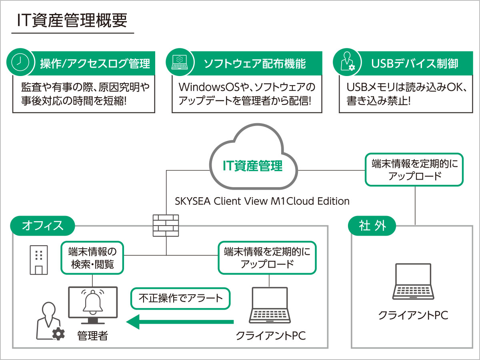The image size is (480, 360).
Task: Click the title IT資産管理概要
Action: click(x=72, y=20)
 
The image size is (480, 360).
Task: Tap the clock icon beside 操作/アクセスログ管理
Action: click(x=20, y=62)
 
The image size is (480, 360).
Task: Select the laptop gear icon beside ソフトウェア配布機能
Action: click(x=180, y=62)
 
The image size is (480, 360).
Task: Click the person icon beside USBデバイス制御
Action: click(x=347, y=62)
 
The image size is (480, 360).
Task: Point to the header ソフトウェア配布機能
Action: click(x=255, y=64)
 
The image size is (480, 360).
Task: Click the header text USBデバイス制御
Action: click(x=414, y=64)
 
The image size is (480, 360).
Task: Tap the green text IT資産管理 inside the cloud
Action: click(x=252, y=166)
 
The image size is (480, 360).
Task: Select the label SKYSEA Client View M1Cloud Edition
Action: click(x=262, y=201)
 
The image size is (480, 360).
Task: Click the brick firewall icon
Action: click(x=166, y=226)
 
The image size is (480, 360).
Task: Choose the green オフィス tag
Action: click(x=42, y=226)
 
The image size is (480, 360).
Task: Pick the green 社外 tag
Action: click(x=372, y=226)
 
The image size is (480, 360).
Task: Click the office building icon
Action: click(x=39, y=260)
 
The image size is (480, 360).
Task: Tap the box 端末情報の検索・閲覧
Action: click(x=92, y=258)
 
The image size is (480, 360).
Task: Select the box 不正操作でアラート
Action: click(x=180, y=298)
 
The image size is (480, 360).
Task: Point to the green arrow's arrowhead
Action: click(x=133, y=322)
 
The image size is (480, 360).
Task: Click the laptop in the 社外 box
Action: click(x=413, y=282)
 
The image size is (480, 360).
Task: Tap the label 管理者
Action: click(x=92, y=336)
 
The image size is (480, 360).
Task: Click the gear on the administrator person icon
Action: click(x=58, y=334)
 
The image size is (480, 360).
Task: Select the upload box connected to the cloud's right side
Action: click(x=414, y=170)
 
